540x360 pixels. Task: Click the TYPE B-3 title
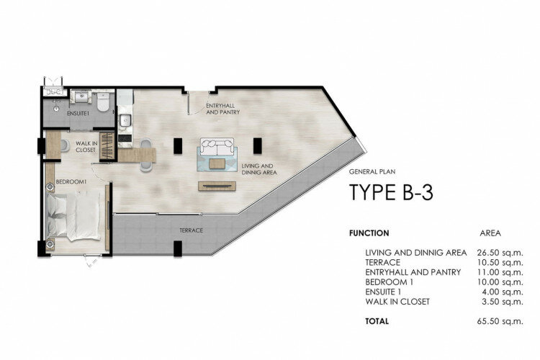(391, 192)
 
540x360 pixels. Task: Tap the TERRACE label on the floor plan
(191, 230)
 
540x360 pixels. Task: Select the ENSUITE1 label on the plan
(78, 113)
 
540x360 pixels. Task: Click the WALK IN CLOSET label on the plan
(86, 147)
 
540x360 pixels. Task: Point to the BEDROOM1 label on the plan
(71, 181)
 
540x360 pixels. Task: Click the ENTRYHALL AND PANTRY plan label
(222, 109)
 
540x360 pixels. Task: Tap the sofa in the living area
(217, 146)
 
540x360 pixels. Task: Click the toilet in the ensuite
(103, 102)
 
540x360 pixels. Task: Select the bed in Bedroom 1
(73, 216)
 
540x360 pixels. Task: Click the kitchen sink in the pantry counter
(125, 121)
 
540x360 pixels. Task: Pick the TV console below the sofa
(217, 186)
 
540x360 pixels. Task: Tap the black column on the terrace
(178, 248)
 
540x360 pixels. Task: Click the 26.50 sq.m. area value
(500, 253)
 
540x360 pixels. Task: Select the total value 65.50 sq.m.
(500, 321)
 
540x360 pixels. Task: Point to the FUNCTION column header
(369, 233)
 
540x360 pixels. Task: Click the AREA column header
(490, 233)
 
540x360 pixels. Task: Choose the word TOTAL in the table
(377, 321)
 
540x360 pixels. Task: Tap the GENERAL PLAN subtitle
(372, 171)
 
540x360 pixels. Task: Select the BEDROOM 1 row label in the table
(389, 282)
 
